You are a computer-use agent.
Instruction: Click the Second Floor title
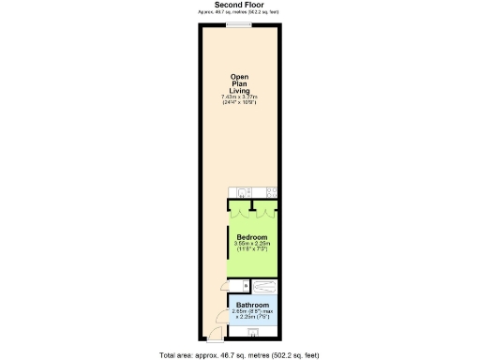click(239, 5)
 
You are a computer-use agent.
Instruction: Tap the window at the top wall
click(240, 24)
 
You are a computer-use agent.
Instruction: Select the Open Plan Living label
click(239, 84)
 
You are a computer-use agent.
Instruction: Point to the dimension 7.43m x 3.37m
click(239, 97)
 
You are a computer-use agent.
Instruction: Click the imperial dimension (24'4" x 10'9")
click(239, 102)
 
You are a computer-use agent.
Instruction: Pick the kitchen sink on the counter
click(242, 193)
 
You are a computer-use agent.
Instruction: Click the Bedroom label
click(252, 237)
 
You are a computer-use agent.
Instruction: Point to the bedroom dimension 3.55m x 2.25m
click(252, 244)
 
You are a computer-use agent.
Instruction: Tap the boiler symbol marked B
click(245, 285)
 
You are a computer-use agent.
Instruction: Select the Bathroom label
click(252, 306)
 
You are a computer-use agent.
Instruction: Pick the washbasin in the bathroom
click(252, 331)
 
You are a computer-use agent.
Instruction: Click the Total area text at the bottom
click(239, 354)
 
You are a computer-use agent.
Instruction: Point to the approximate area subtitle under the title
click(239, 12)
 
